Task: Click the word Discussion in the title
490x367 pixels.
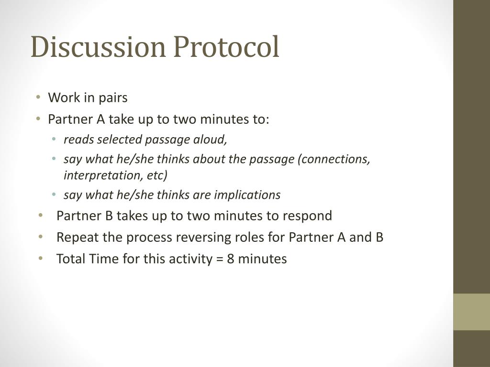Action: coord(98,48)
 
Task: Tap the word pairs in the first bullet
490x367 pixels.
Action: coord(113,98)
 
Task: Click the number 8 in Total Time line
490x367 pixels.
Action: coord(231,259)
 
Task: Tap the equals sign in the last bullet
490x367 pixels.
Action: coord(219,259)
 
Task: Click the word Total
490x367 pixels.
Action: coord(70,259)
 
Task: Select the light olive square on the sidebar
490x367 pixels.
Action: coord(471,312)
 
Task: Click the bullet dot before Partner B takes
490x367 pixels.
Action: coord(41,216)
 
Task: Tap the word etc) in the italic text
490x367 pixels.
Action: coord(157,175)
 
